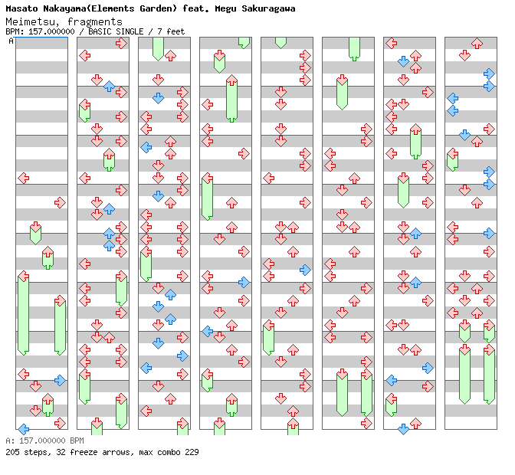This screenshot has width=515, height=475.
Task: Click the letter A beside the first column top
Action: pyautogui.click(x=11, y=41)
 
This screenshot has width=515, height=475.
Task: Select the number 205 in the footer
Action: pyautogui.click(x=12, y=452)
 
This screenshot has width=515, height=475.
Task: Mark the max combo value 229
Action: pyautogui.click(x=191, y=452)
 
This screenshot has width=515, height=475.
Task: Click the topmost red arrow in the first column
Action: pyautogui.click(x=23, y=178)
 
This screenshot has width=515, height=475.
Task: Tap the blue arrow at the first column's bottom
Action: pyautogui.click(x=23, y=429)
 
